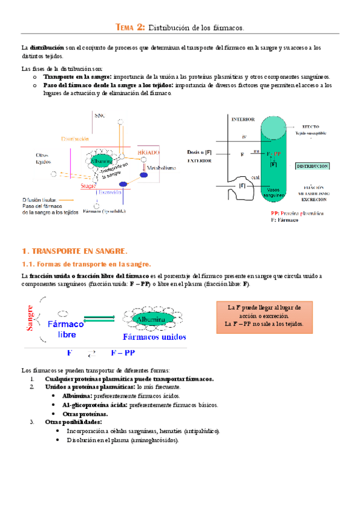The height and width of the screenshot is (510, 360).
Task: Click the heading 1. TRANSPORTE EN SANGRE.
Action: tap(75, 251)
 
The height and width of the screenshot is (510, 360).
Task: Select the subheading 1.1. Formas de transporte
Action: tap(87, 264)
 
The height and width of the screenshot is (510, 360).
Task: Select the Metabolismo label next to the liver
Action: tap(161, 168)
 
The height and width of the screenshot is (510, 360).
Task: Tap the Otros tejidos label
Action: tap(43, 158)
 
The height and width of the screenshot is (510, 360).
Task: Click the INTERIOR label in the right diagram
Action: tap(243, 119)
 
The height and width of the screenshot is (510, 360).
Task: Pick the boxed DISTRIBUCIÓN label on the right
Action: tap(312, 165)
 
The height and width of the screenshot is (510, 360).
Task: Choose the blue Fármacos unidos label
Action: tap(154, 337)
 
